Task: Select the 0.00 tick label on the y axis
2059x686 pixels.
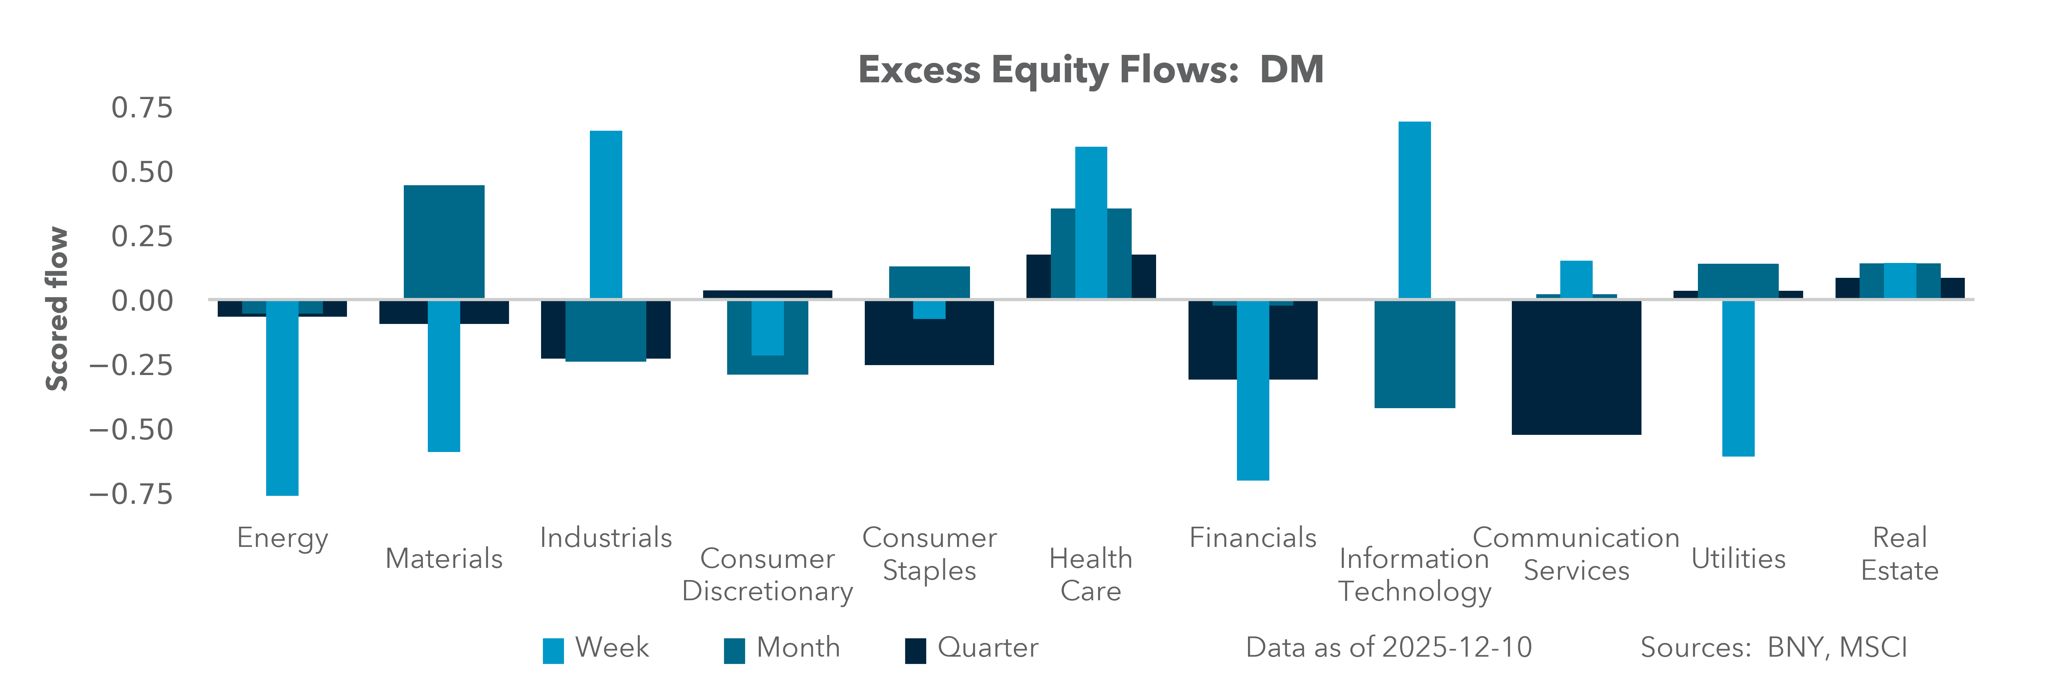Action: [141, 301]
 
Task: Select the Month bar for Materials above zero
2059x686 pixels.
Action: [443, 242]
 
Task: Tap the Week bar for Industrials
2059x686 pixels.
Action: [606, 214]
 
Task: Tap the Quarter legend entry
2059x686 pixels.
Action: [971, 648]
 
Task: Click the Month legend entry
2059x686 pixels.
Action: [782, 648]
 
